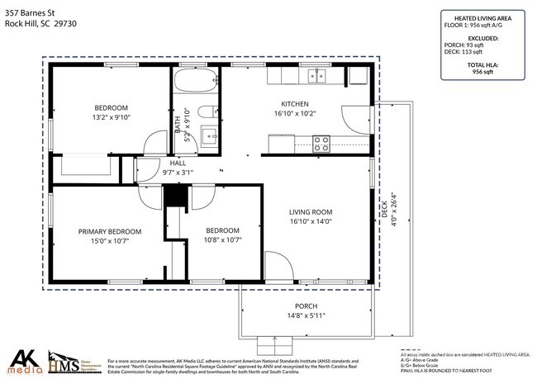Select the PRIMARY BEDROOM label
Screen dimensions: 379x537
pos(110,231)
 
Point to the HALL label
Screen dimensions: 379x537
pos(177,163)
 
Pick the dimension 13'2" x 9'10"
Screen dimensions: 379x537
pos(111,117)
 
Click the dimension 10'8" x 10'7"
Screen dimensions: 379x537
pos(222,240)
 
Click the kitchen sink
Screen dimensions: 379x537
pos(317,76)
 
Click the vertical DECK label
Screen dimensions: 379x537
pos(383,211)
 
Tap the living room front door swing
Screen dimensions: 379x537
pos(279,266)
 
